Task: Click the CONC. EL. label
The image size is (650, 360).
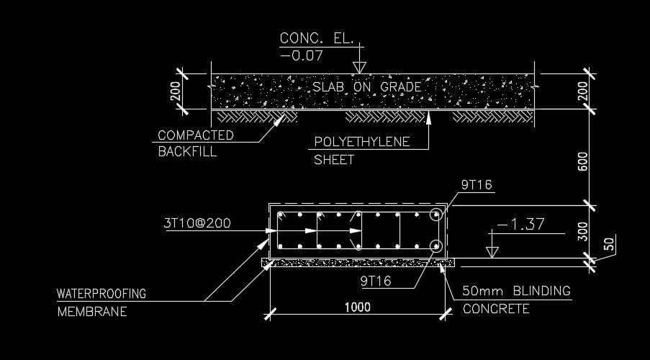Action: [x=317, y=38]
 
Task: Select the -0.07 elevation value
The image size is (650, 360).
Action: [x=302, y=55]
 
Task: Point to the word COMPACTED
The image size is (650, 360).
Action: [x=195, y=135]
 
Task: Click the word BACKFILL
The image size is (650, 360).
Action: [x=186, y=152]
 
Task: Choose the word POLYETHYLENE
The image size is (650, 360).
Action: [x=361, y=142]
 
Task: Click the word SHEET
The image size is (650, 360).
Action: [x=334, y=160]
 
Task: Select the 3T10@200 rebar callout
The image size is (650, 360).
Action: [x=197, y=223]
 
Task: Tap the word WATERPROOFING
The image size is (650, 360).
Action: [x=101, y=294]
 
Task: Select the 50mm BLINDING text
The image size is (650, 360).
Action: [x=516, y=292]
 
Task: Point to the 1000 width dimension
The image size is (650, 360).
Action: [x=357, y=307]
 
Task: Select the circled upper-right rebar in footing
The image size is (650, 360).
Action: [x=435, y=215]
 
